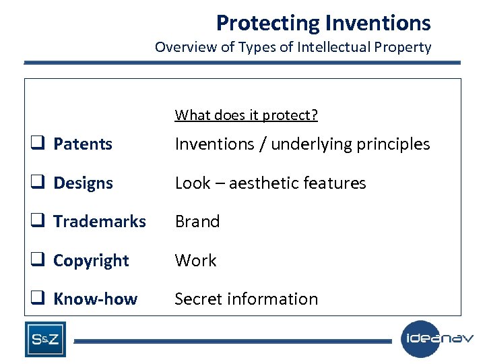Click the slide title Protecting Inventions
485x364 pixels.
(323, 23)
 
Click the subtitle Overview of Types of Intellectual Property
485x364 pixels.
(292, 47)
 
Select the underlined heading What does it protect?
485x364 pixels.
(246, 115)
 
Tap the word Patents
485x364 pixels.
(83, 144)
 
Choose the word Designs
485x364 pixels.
(83, 183)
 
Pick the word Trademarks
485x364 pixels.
(99, 222)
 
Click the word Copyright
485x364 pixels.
(91, 261)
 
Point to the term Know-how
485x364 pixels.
(95, 299)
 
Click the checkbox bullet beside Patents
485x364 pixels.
(36, 144)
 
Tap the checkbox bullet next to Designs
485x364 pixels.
(36, 183)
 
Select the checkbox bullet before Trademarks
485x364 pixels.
(36, 221)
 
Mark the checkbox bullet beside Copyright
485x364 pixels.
(36, 260)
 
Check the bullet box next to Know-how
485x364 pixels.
(36, 299)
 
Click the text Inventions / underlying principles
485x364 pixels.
(302, 144)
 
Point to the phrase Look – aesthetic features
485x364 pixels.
(270, 183)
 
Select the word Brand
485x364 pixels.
(197, 222)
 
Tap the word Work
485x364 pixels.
(195, 261)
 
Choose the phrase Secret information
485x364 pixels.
(246, 299)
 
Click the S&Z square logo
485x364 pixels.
(45, 339)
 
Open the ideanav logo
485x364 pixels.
(437, 338)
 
